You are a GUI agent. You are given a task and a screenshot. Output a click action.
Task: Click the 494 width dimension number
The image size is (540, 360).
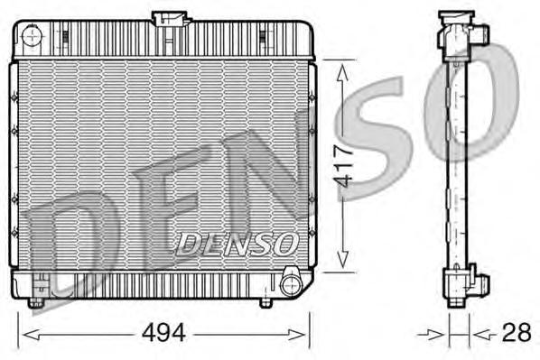(163, 334)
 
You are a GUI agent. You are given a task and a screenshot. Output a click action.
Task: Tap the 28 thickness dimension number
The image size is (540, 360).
(516, 333)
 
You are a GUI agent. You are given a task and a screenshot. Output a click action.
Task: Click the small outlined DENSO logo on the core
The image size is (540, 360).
(237, 242)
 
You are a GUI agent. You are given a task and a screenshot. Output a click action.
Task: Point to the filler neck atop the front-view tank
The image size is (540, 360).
(171, 18)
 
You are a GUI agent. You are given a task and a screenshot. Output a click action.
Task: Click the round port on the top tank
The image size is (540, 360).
(33, 37)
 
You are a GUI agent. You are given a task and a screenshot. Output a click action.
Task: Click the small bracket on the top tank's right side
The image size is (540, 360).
(265, 36)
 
